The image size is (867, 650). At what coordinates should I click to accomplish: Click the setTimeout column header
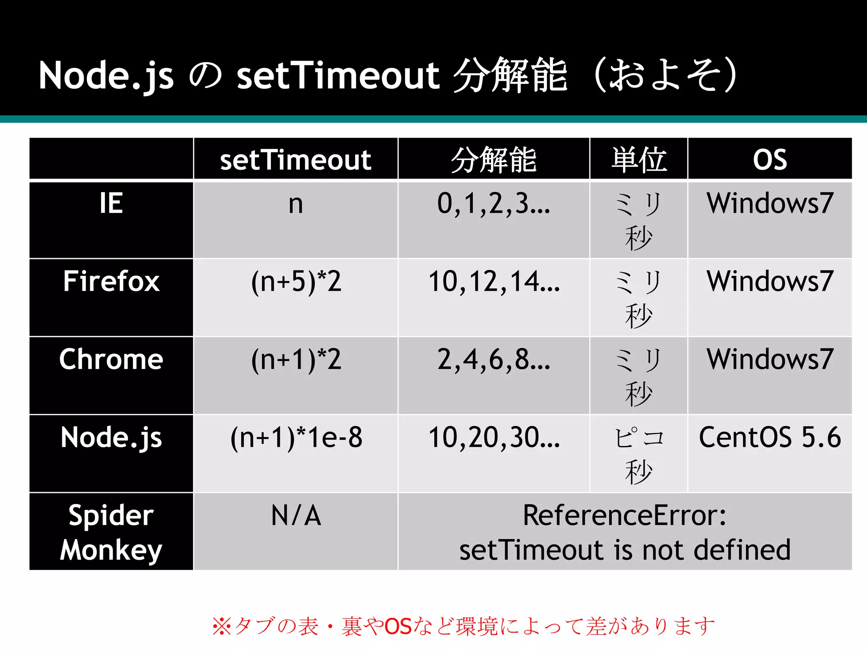(x=295, y=160)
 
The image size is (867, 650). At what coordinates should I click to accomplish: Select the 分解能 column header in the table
(x=494, y=160)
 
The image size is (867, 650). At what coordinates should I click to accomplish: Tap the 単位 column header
(x=639, y=160)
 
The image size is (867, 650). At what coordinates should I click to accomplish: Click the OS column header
(x=770, y=160)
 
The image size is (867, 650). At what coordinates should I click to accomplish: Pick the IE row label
(x=111, y=203)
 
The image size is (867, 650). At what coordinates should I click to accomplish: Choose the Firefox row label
(x=111, y=281)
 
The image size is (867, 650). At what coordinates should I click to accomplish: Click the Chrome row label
(x=111, y=359)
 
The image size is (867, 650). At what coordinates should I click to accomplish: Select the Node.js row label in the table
(x=111, y=438)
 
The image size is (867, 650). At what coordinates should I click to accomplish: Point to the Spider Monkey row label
(x=111, y=532)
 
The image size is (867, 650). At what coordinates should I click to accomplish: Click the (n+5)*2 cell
(x=296, y=282)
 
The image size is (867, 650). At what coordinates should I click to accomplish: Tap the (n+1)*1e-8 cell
(x=296, y=438)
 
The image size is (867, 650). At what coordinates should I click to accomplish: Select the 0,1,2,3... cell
(x=494, y=204)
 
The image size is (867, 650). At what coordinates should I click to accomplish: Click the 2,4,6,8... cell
(x=494, y=360)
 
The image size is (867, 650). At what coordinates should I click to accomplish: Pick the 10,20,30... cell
(x=494, y=438)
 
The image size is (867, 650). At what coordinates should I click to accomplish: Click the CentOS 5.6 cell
(x=770, y=438)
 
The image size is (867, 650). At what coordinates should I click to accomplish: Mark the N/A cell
(x=296, y=516)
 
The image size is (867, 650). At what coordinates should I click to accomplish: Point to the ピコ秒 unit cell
(x=639, y=454)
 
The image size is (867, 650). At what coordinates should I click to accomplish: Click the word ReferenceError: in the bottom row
(x=624, y=516)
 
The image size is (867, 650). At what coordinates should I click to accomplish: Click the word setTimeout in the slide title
(x=338, y=76)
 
